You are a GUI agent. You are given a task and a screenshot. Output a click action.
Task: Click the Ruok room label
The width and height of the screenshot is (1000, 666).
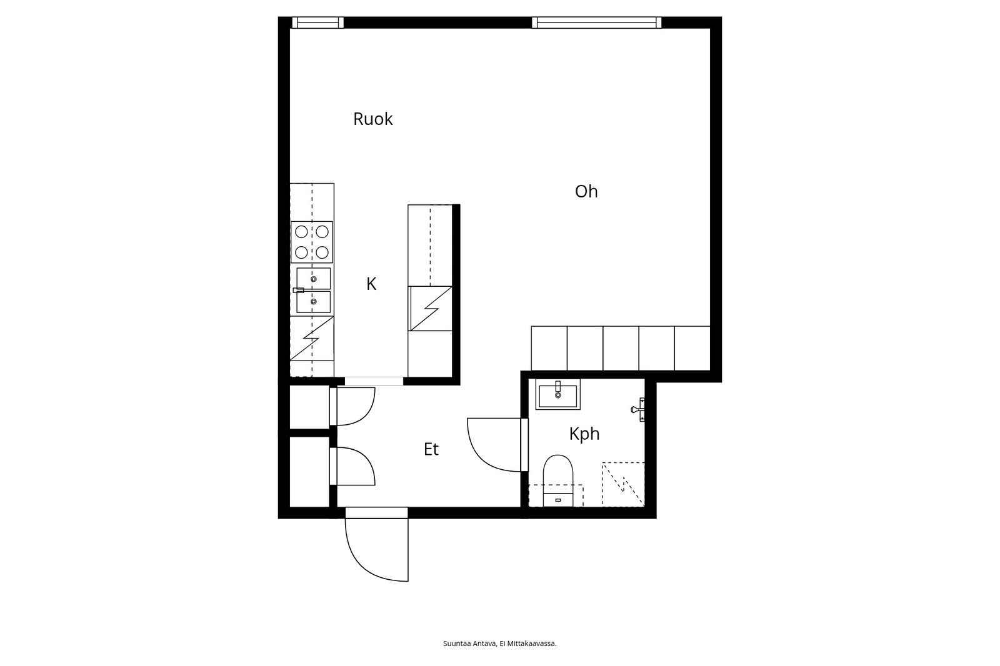click(x=372, y=119)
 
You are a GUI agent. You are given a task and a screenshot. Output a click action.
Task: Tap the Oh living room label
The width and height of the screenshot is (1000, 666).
click(x=586, y=192)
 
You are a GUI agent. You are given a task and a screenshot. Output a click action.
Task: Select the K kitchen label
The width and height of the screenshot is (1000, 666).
click(x=371, y=284)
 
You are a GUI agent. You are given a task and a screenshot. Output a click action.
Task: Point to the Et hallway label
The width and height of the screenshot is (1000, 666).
click(x=431, y=449)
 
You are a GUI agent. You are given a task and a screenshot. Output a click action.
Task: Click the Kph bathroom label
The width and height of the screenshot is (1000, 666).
click(x=584, y=434)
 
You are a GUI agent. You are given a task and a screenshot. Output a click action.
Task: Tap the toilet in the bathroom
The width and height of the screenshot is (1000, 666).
click(x=558, y=480)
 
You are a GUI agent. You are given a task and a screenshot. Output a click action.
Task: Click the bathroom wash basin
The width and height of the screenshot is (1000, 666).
click(x=557, y=394)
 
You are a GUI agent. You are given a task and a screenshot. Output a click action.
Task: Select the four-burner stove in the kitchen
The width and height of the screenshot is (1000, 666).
click(x=312, y=242)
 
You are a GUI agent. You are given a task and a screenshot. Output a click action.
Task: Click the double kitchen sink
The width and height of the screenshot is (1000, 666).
click(x=313, y=290)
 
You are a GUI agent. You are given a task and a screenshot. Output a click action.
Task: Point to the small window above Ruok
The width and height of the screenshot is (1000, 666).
click(x=318, y=22)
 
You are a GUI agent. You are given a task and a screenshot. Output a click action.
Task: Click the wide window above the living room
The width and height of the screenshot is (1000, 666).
click(x=596, y=22)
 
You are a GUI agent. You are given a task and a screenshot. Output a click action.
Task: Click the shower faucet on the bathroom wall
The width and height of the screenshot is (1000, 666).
click(x=638, y=409)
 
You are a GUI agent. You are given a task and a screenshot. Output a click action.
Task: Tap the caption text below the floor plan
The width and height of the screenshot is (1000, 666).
click(x=499, y=644)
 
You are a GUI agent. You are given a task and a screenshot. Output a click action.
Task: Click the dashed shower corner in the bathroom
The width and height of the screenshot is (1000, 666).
click(x=623, y=484)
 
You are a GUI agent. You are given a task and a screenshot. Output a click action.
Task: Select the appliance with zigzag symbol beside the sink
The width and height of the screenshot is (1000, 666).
click(x=312, y=339)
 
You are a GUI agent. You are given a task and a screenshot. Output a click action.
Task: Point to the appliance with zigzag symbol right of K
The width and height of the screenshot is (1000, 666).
click(x=431, y=309)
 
